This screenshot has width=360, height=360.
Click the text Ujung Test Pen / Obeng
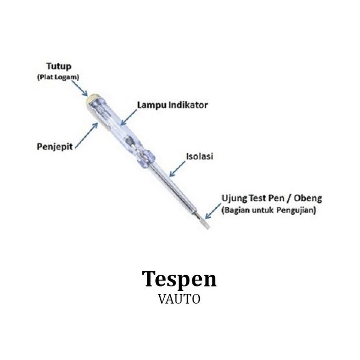pyautogui.click(x=271, y=199)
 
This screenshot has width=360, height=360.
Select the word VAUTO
pyautogui.click(x=180, y=300)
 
